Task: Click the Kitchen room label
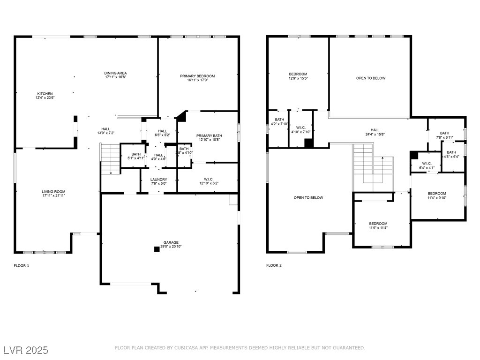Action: pos(45,94)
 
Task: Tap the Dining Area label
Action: pos(115,73)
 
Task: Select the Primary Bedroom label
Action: pos(197,76)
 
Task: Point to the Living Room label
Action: pos(53,192)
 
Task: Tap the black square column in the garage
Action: pos(157,249)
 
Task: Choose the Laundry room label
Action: pos(158,180)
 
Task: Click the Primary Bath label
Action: pos(209,136)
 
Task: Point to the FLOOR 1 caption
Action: pos(21,266)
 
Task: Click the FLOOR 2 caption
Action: pos(274,265)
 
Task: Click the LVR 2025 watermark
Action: pos(26,350)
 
